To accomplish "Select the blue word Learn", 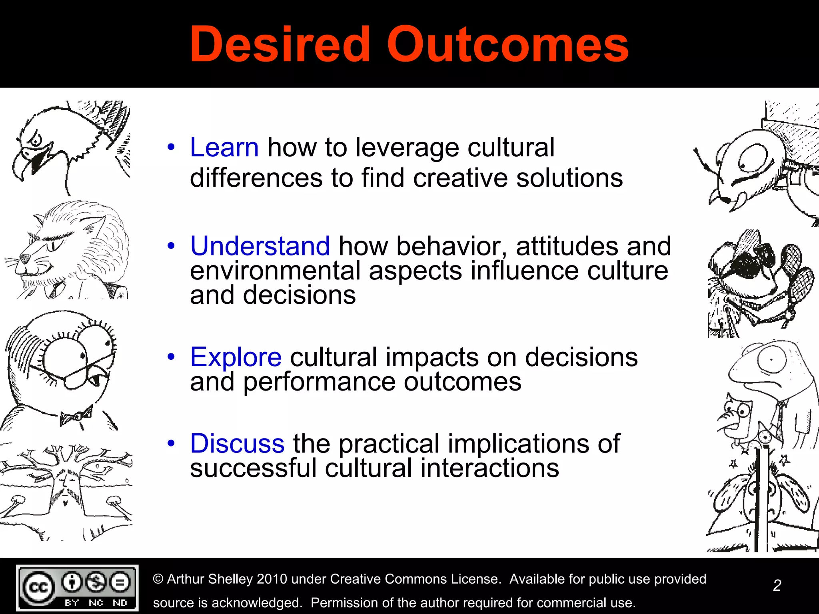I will pos(224,148).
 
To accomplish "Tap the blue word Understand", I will pos(260,246).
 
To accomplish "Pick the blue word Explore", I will pos(236,357).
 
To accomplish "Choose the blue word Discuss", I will pos(237,444).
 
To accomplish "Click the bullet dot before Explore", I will pos(171,357).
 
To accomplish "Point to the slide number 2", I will pos(777,586).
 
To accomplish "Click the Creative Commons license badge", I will pos(77,588).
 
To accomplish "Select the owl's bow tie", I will pos(76,416).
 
